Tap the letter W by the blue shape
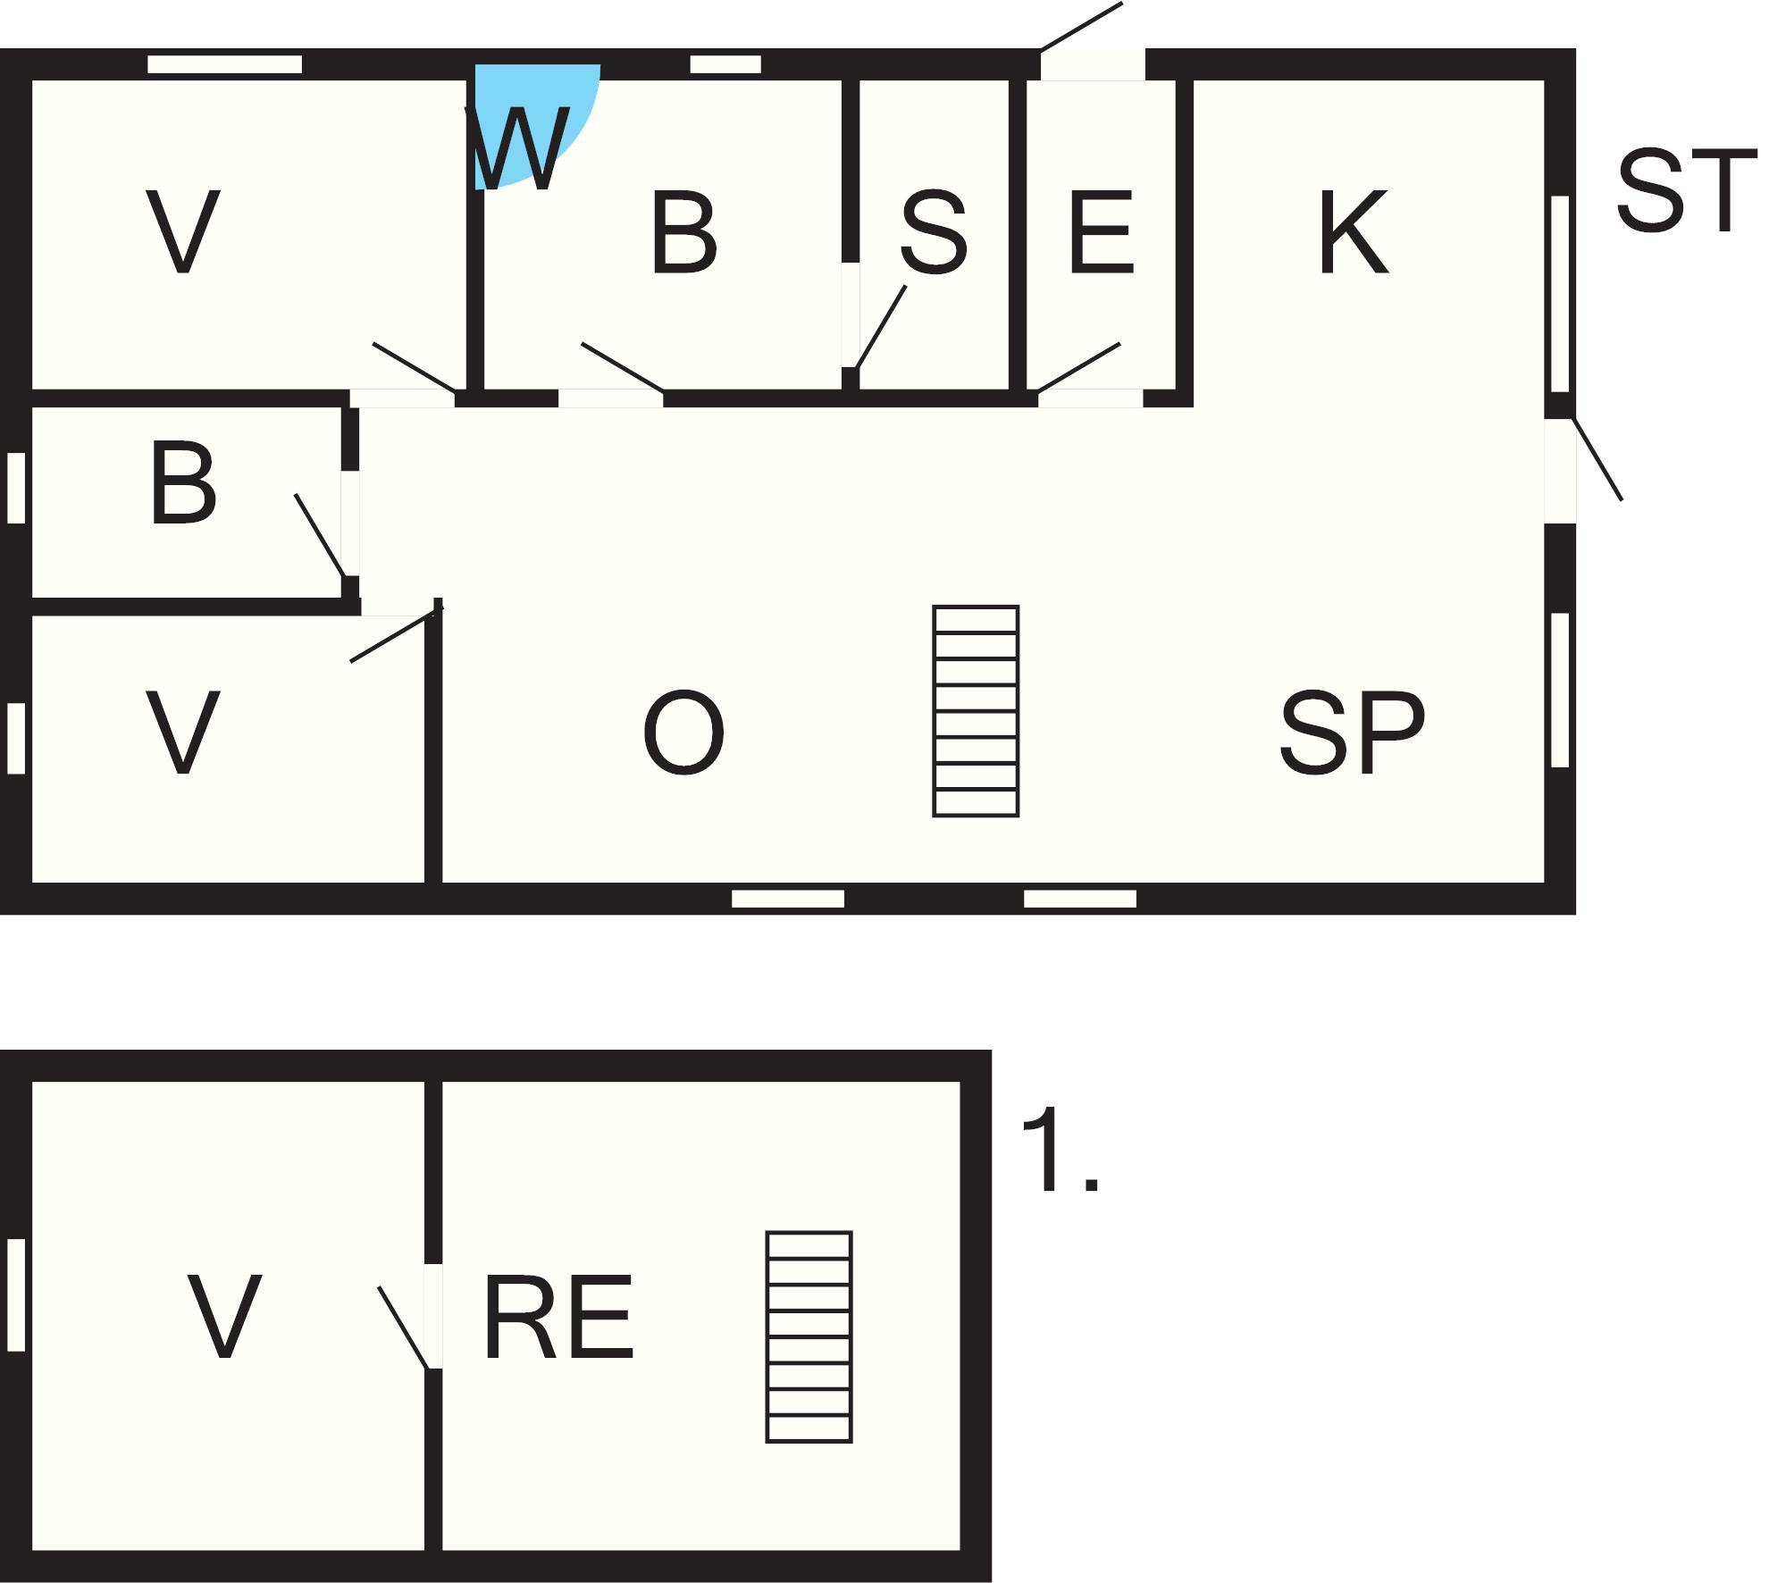(518, 148)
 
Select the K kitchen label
(1354, 232)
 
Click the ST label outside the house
(1687, 190)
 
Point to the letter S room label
(934, 232)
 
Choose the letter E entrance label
(1102, 232)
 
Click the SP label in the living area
(1352, 733)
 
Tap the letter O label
(683, 733)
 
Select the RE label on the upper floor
(559, 1318)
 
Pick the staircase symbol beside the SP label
(976, 711)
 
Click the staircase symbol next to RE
(809, 1336)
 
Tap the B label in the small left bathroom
(183, 482)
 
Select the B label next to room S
(684, 232)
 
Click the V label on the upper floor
(224, 1318)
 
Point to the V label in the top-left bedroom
(183, 232)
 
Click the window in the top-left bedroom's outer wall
(224, 64)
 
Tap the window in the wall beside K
(1560, 294)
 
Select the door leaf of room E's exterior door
(1081, 27)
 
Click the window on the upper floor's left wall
(16, 1295)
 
